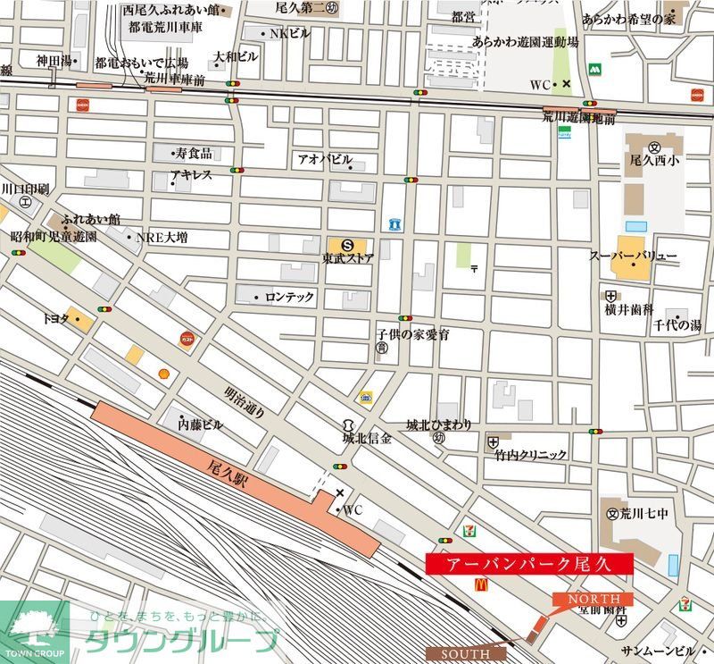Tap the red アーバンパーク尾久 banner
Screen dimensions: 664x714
529,564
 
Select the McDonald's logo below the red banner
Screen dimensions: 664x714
481,584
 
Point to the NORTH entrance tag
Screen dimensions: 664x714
594,598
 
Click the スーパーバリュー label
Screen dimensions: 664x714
633,256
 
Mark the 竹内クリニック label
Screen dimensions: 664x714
531,455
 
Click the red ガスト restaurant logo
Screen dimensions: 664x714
187,338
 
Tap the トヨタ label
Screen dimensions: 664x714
55,318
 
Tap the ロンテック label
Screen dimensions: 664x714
289,298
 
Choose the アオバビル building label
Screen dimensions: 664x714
325,159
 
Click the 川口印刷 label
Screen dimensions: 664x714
25,189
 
